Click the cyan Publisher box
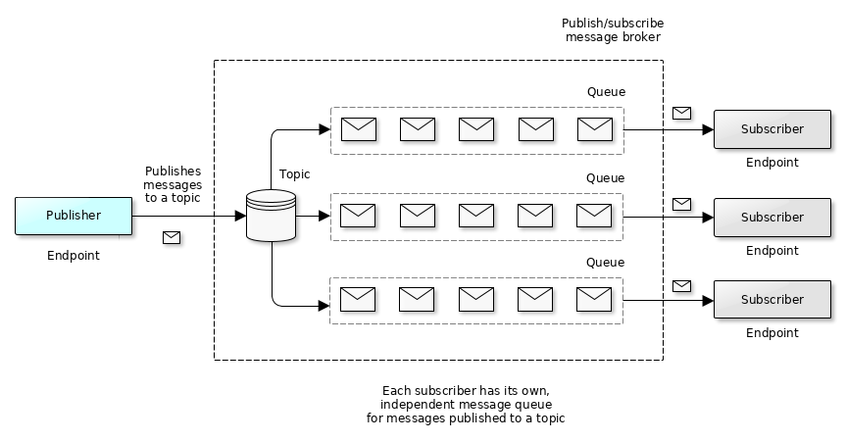(x=74, y=216)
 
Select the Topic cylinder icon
(x=271, y=216)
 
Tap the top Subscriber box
(x=771, y=129)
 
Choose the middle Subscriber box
(x=771, y=217)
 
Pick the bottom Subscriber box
(x=771, y=300)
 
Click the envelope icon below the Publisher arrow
(x=172, y=237)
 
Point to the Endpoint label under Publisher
(x=74, y=256)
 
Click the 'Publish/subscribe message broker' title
(x=613, y=30)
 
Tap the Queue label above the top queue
(x=606, y=92)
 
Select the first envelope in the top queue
(x=359, y=129)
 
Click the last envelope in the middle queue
(x=594, y=216)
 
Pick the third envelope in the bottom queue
(x=476, y=299)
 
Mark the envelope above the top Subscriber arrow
(x=681, y=113)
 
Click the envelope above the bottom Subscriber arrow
(x=681, y=286)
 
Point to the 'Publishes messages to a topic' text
(x=173, y=184)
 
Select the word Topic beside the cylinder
(x=294, y=174)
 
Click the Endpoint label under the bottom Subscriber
(x=771, y=333)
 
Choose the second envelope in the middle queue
(x=418, y=216)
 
